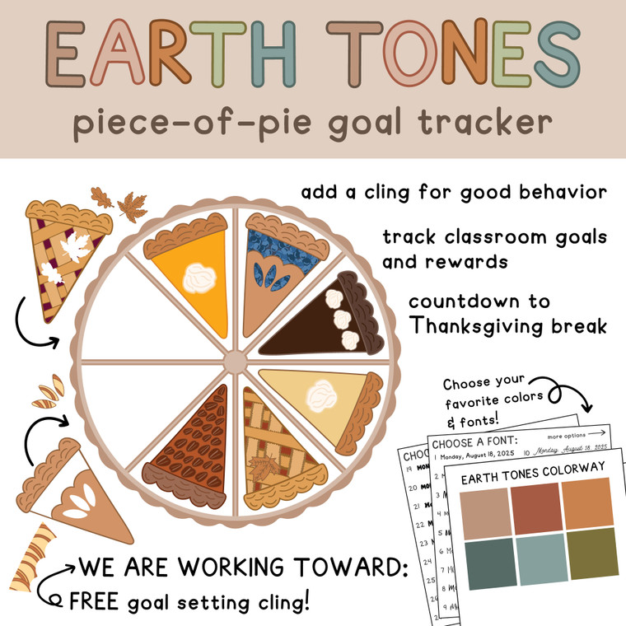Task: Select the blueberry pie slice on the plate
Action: point(272,264)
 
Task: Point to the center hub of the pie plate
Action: point(235,361)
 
